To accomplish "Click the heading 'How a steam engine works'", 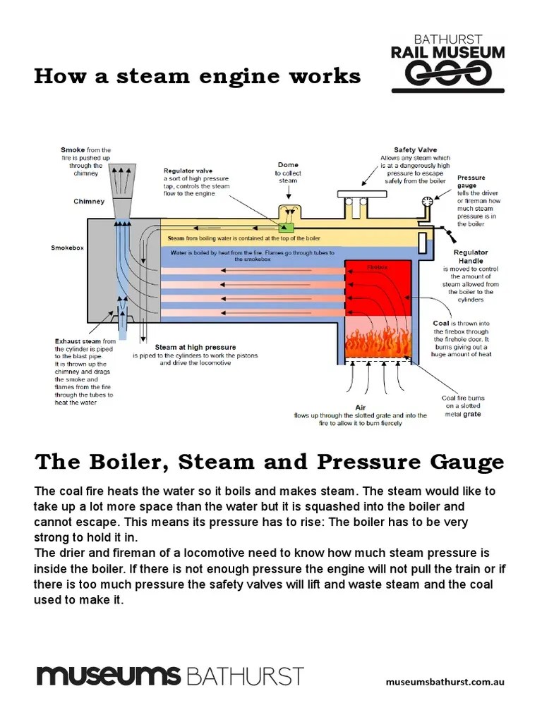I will pyautogui.click(x=197, y=76).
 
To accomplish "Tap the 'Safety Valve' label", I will pyautogui.click(x=415, y=150).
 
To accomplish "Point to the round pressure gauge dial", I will pyautogui.click(x=427, y=202).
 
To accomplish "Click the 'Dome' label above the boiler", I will pyautogui.click(x=288, y=165).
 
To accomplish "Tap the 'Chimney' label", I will pyautogui.click(x=89, y=202).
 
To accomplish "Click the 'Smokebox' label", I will pyautogui.click(x=67, y=248).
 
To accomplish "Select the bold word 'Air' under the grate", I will pyautogui.click(x=360, y=408).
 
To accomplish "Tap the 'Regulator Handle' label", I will pyautogui.click(x=471, y=257).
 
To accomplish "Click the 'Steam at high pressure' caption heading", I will pyautogui.click(x=195, y=348).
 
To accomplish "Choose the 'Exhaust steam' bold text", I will pyautogui.click(x=78, y=341).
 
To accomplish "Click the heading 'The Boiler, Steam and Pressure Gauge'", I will pyautogui.click(x=269, y=462).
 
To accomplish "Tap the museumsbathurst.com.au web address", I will pyautogui.click(x=445, y=682).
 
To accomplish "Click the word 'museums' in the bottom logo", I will pyautogui.click(x=109, y=675).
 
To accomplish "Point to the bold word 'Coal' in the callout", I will pyautogui.click(x=441, y=324).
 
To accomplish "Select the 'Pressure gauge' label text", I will pyautogui.click(x=471, y=182).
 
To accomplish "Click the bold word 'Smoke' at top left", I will pyautogui.click(x=73, y=150).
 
